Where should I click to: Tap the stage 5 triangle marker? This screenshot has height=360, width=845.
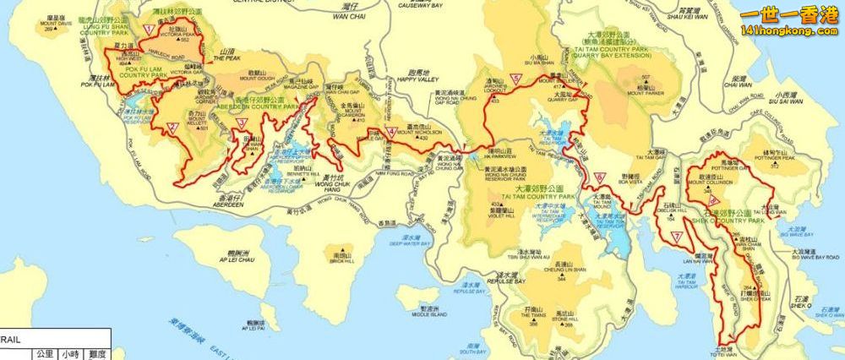pyautogui.click(x=515, y=79)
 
